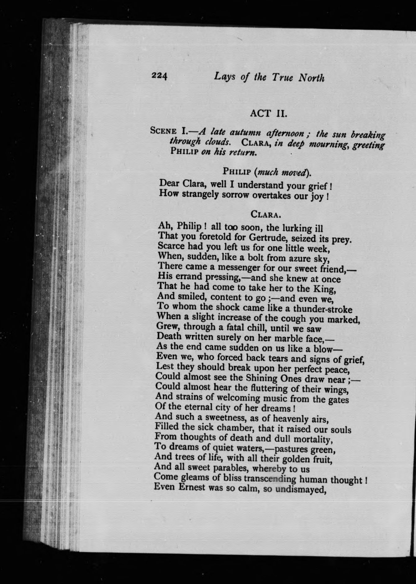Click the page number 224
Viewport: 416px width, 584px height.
[x=160, y=76]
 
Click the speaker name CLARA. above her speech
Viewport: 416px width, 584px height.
[x=266, y=214]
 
